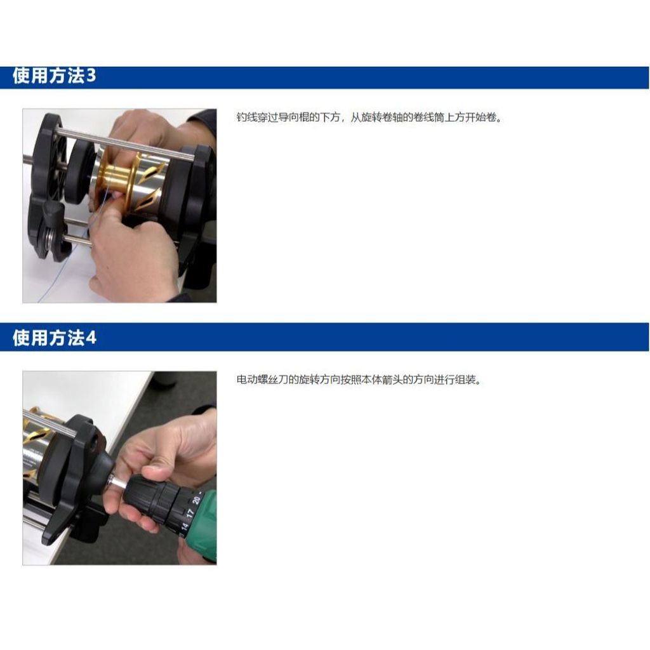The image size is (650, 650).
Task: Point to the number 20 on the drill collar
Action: (196, 500)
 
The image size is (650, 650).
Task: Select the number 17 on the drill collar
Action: (190, 513)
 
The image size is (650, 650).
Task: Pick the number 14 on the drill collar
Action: (184, 526)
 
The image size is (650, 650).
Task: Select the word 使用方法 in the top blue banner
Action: (48, 76)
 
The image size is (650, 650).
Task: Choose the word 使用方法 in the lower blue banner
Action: (48, 338)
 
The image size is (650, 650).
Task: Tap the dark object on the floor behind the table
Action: (164, 380)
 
